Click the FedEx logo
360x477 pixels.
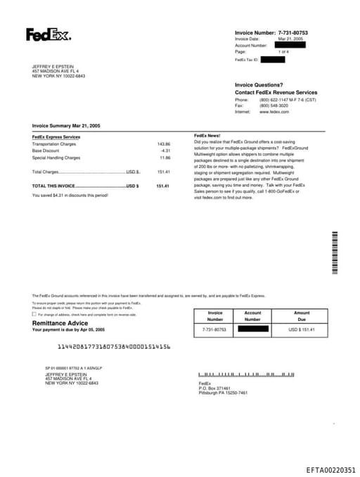(x=49, y=34)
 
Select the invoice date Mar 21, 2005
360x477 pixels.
(x=290, y=39)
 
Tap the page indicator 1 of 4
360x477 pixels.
(x=283, y=52)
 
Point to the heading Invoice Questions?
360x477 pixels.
(x=259, y=84)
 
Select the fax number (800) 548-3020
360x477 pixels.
(x=274, y=106)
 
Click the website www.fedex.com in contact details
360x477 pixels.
(x=274, y=112)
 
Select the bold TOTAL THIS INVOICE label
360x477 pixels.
(x=53, y=186)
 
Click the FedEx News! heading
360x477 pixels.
(x=207, y=135)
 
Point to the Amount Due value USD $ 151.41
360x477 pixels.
(x=301, y=329)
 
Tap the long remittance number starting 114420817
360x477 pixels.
(x=114, y=347)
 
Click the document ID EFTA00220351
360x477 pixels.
(x=330, y=470)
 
